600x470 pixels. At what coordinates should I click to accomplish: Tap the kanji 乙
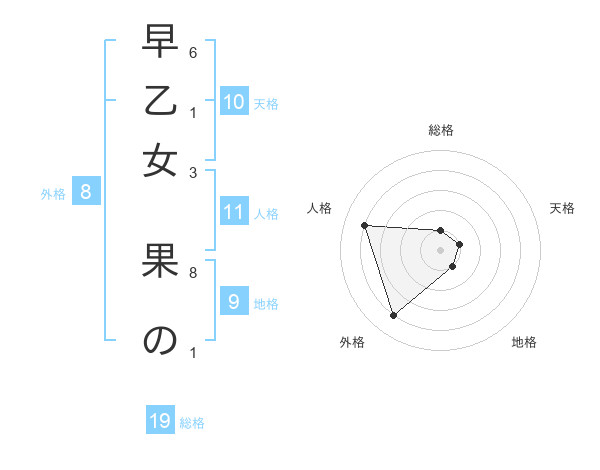coord(160,101)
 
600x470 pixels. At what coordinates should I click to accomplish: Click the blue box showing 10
coord(234,101)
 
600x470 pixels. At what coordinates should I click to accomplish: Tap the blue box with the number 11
coord(234,212)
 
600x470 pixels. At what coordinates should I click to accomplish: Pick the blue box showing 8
coord(85,192)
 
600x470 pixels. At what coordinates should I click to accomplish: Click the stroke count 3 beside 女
coord(192,172)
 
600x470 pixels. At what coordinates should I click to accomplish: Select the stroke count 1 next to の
coord(192,352)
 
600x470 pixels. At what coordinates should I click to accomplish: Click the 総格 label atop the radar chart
coord(441,130)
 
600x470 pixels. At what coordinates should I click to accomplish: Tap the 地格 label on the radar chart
coord(524,342)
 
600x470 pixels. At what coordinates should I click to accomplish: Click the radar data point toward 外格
coord(393,316)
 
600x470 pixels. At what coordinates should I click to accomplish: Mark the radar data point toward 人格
coord(365,225)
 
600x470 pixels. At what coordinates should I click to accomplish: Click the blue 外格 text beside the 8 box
coord(53,194)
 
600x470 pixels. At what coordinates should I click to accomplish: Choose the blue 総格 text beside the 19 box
coord(192,423)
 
